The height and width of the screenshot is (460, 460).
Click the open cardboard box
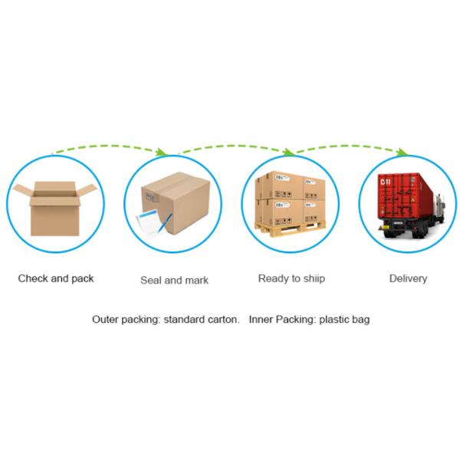[55, 209]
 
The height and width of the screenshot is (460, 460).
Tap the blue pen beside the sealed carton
[165, 222]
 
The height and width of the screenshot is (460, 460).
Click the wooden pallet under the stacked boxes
[290, 228]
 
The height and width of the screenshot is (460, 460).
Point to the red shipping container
[405, 196]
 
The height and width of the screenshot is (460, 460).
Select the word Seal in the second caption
[151, 280]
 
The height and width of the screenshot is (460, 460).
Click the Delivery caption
[408, 278]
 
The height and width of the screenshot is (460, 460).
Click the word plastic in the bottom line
[333, 320]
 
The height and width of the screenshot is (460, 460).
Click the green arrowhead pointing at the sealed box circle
[161, 152]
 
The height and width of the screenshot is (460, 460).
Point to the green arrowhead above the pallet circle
[289, 152]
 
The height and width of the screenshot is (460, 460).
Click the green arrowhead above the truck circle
[402, 152]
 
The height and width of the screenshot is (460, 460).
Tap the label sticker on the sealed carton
[150, 195]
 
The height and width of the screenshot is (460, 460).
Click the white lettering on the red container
[385, 182]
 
